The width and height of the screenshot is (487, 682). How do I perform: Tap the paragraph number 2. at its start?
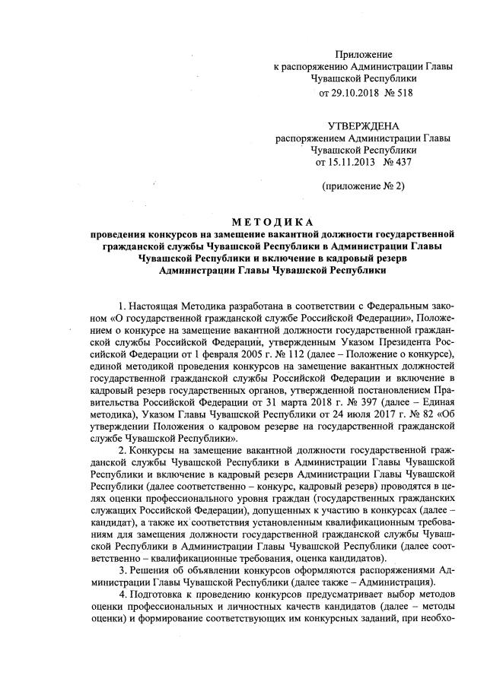tap(124, 450)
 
